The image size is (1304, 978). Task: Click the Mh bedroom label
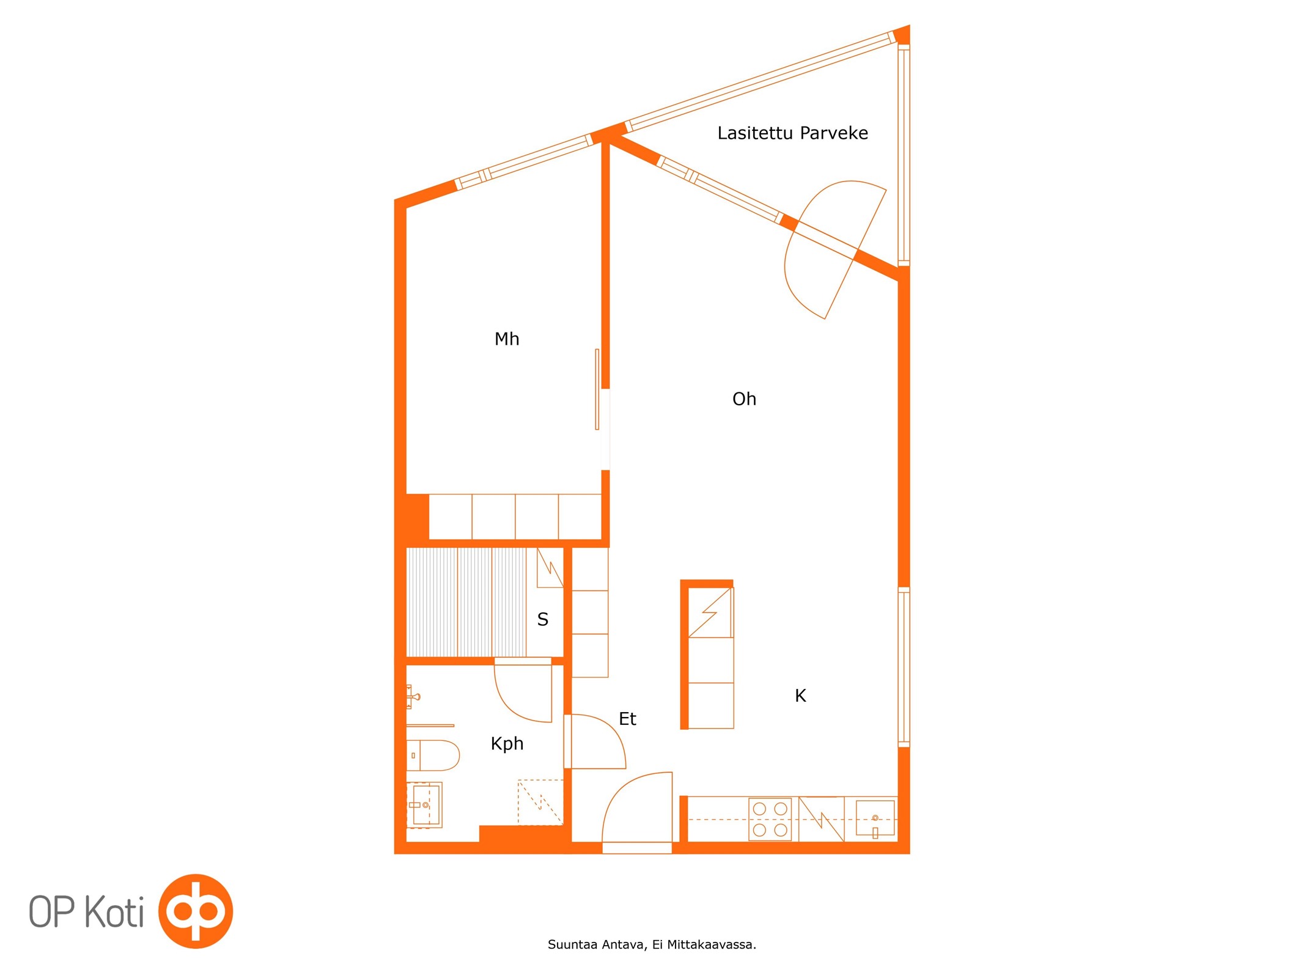tap(507, 339)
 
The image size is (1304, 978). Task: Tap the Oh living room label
tap(744, 399)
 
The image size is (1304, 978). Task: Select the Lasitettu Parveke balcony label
tap(792, 133)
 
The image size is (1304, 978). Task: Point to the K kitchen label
tap(800, 696)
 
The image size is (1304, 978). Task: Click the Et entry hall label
tap(627, 719)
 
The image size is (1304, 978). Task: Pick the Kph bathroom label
tap(507, 744)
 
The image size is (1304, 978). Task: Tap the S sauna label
tap(542, 620)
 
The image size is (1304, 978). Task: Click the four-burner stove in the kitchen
tap(770, 819)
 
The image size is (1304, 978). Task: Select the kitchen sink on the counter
tap(875, 818)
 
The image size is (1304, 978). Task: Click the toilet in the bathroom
tap(433, 756)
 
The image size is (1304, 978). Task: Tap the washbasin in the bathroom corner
tap(424, 805)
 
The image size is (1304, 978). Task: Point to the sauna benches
tap(466, 602)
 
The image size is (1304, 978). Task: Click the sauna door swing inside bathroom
tap(523, 693)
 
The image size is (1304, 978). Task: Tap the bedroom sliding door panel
tap(597, 389)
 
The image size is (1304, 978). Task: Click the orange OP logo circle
tap(196, 911)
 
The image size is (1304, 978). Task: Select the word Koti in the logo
tap(114, 912)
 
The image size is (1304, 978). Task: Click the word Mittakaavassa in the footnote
tap(712, 945)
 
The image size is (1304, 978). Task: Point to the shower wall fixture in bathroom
tap(413, 697)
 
